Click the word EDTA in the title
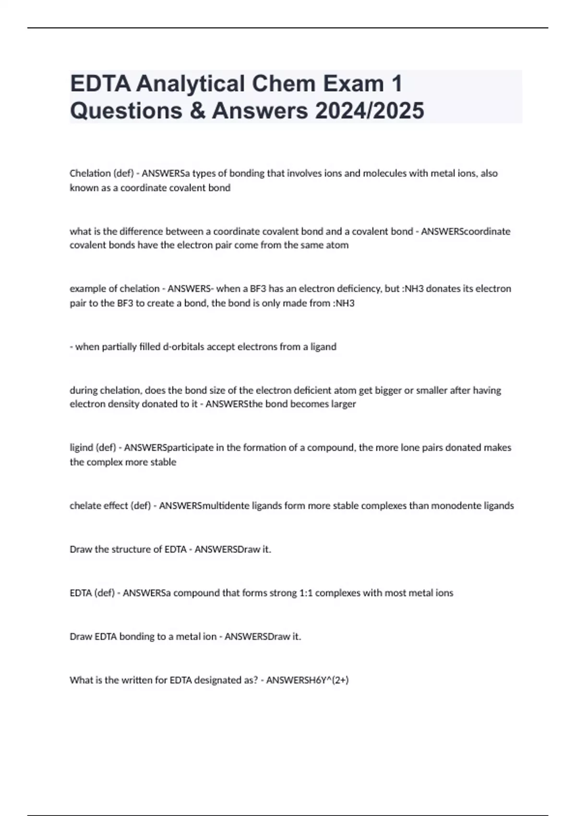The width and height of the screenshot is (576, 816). pyautogui.click(x=100, y=84)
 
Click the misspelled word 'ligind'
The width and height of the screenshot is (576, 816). pyautogui.click(x=81, y=448)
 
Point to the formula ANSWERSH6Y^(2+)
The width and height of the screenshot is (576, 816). pyautogui.click(x=307, y=680)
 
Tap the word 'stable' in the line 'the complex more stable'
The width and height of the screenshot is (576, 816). pyautogui.click(x=163, y=462)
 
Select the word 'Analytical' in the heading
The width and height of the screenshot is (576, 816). pyautogui.click(x=191, y=84)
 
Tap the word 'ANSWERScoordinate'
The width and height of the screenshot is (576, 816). pyautogui.click(x=466, y=231)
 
